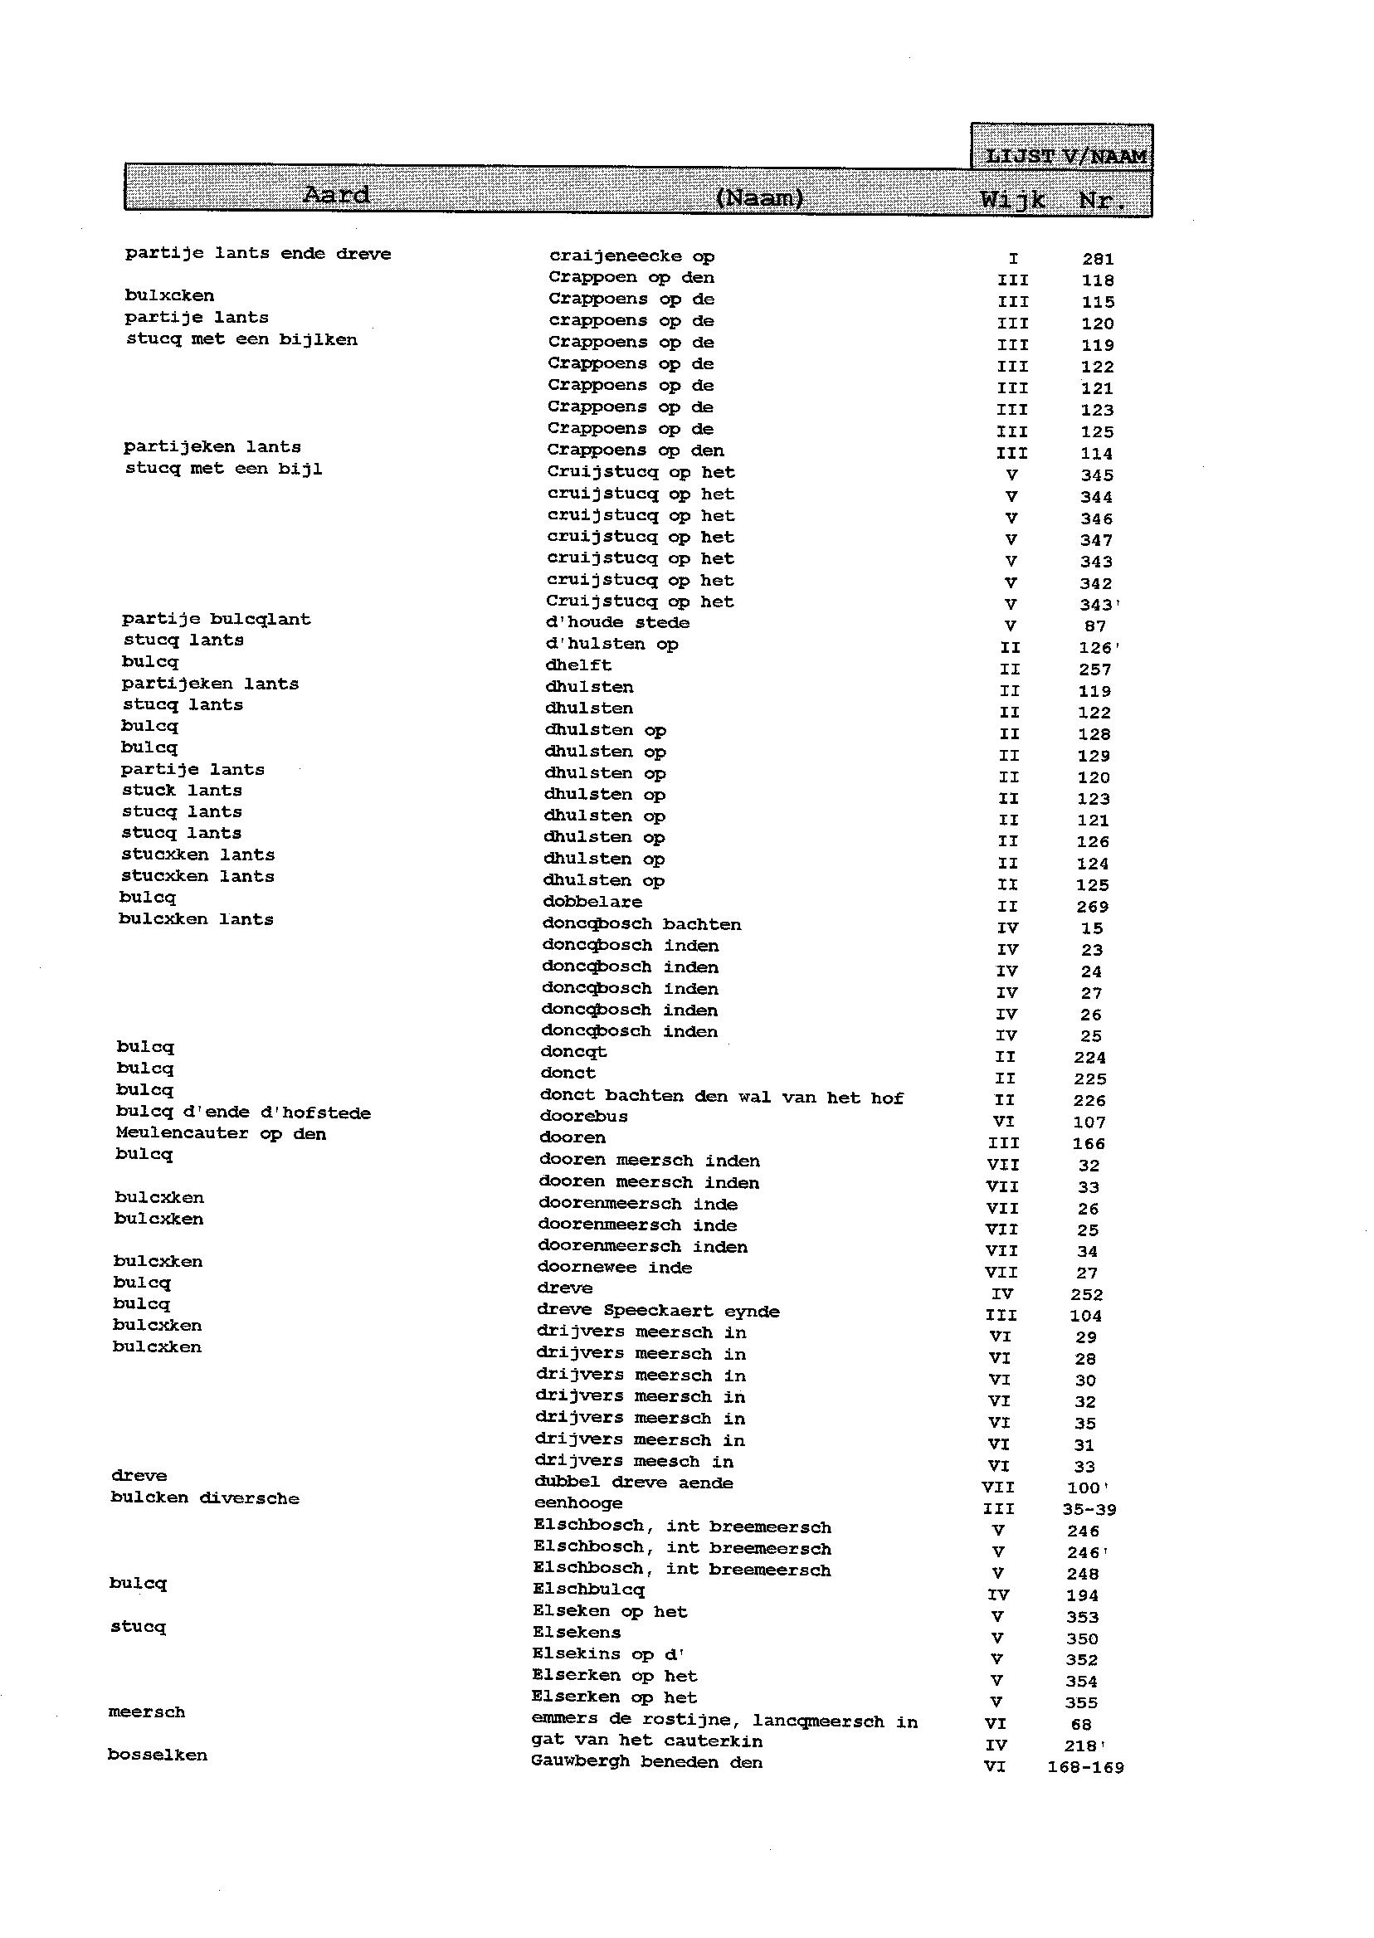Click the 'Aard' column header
coord(336,196)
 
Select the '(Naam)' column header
coord(759,198)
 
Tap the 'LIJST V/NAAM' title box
coord(1065,156)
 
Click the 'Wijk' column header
coord(1013,201)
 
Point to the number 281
coord(1098,259)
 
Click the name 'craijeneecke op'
coord(631,256)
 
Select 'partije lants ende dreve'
coord(258,254)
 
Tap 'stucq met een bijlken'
coord(241,339)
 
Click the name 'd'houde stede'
coord(617,622)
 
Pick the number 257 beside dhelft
coord(1094,670)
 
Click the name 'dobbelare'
coord(592,902)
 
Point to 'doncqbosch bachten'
coord(641,923)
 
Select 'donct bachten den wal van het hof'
coord(721,1096)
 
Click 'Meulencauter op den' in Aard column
coord(221,1133)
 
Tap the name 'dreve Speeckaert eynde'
coord(657,1310)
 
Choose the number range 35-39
coord(1089,1509)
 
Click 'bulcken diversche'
coord(205,1497)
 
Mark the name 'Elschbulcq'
coord(588,1590)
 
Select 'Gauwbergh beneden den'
coord(646,1762)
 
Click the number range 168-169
coord(1084,1767)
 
